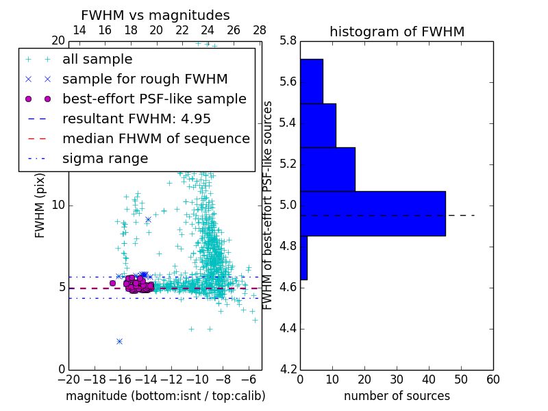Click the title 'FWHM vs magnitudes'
point(155,15)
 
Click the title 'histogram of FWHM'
point(397,32)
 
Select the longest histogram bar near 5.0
point(373,213)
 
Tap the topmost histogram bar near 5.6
point(312,81)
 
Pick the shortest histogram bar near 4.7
point(303,258)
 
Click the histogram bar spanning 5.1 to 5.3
point(327,169)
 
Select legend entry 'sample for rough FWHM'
point(145,79)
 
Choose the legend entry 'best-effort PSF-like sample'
point(154,99)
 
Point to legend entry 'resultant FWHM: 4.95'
point(136,119)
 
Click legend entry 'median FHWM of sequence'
point(155,138)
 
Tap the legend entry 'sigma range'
point(105,158)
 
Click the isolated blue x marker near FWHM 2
point(119,341)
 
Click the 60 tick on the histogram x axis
point(493,379)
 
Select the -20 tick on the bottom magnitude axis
point(68,379)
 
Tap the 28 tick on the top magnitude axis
point(260,30)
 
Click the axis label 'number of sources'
point(397,396)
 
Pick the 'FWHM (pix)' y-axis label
point(40,206)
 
